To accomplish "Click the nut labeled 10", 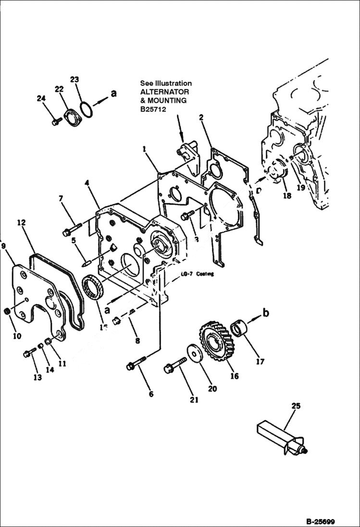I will click(8, 312).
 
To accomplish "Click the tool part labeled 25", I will click(282, 435).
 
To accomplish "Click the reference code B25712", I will click(152, 109).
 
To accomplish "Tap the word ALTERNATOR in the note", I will click(164, 92).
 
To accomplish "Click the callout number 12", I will click(21, 222).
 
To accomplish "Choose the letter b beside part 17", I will click(265, 313).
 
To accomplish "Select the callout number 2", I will click(201, 117).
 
